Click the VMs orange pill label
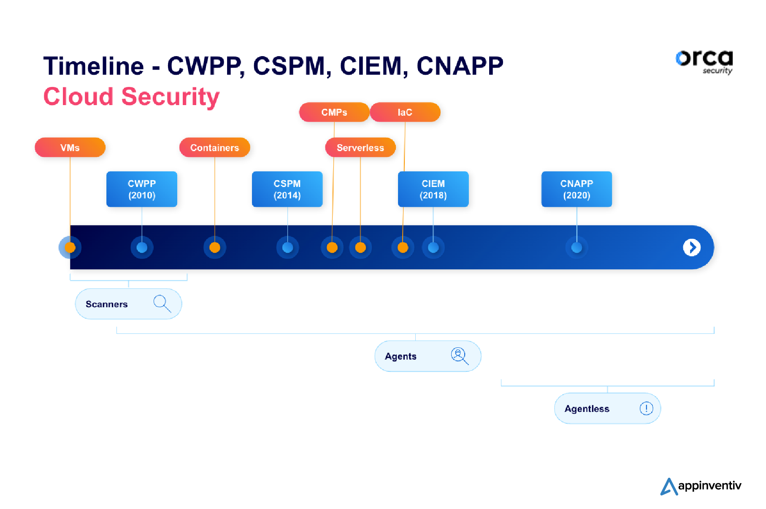pyautogui.click(x=70, y=148)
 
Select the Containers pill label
pyautogui.click(x=214, y=148)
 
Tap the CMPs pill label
pyautogui.click(x=334, y=112)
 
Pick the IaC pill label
pyautogui.click(x=405, y=112)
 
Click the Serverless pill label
pyautogui.click(x=360, y=148)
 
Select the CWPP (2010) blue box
pyautogui.click(x=142, y=189)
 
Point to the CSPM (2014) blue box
pyautogui.click(x=287, y=189)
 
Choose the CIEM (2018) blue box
pyautogui.click(x=433, y=189)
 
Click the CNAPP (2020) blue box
pyautogui.click(x=577, y=189)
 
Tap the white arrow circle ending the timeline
pyautogui.click(x=692, y=247)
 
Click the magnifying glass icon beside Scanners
pyautogui.click(x=162, y=303)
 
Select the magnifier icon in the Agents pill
pyautogui.click(x=459, y=355)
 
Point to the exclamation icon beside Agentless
pyautogui.click(x=646, y=408)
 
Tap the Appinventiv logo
pyautogui.click(x=701, y=486)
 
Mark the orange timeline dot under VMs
pyautogui.click(x=70, y=247)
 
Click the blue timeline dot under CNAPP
pyautogui.click(x=577, y=247)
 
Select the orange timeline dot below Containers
pyautogui.click(x=215, y=247)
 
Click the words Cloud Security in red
pyautogui.click(x=131, y=97)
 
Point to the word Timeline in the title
pyautogui.click(x=94, y=66)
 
